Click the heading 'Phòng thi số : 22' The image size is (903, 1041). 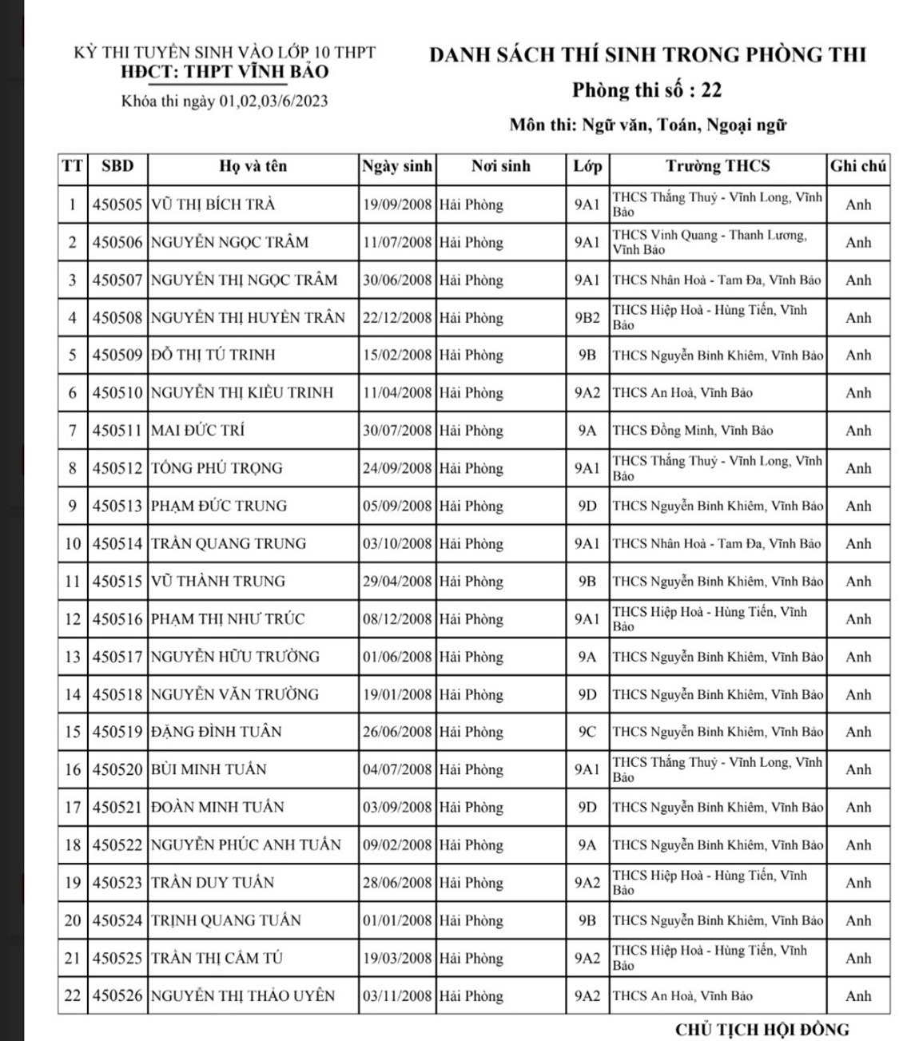click(x=646, y=90)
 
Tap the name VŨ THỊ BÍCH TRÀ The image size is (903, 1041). click(x=213, y=205)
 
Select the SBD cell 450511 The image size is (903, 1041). click(x=117, y=431)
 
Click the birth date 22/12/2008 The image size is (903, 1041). click(x=397, y=318)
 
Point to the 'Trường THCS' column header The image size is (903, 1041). click(x=718, y=166)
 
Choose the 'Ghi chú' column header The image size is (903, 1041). click(x=857, y=166)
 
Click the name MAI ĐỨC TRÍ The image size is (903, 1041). click(x=198, y=431)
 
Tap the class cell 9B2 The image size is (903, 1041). click(x=587, y=318)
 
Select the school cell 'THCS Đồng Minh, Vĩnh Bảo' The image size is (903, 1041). click(x=692, y=431)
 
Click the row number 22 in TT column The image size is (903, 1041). click(x=73, y=996)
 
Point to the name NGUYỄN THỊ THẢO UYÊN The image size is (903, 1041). click(x=243, y=996)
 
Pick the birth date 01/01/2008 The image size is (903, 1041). click(x=397, y=920)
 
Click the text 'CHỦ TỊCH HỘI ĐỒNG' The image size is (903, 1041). click(x=762, y=1029)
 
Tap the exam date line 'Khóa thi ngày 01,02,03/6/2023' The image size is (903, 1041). click(x=225, y=101)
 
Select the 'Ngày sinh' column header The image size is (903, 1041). click(x=397, y=166)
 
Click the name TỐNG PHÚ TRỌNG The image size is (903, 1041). click(x=217, y=468)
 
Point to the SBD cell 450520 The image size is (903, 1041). click(x=117, y=769)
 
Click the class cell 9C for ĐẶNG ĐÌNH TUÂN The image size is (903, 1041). click(x=587, y=732)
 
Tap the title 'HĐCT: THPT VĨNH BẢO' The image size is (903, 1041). click(x=225, y=72)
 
